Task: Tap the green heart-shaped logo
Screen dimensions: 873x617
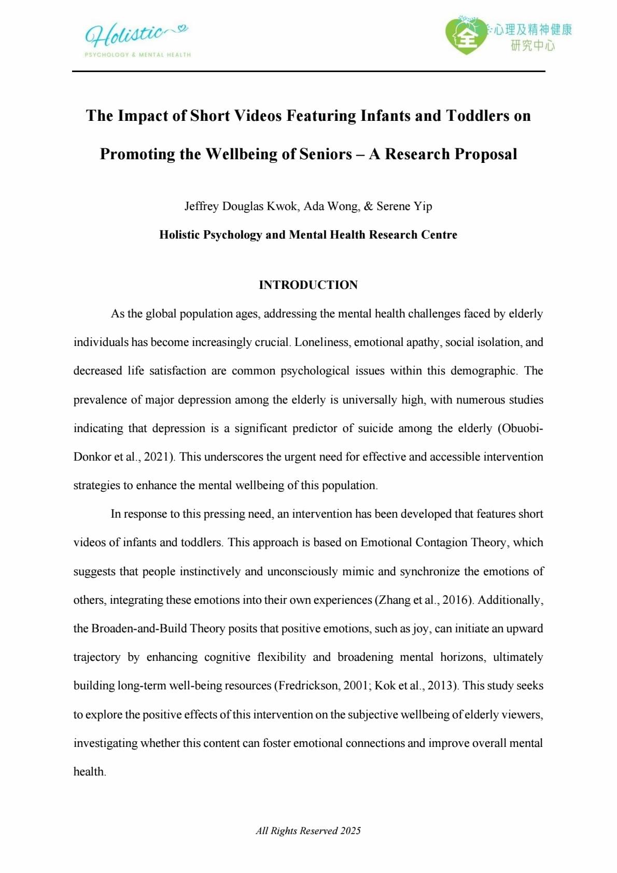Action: click(466, 35)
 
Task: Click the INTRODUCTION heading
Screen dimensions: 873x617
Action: click(308, 285)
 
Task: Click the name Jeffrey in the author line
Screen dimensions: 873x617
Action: click(202, 206)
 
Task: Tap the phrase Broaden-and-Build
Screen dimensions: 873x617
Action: click(138, 628)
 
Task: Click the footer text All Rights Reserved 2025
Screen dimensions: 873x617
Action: click(308, 830)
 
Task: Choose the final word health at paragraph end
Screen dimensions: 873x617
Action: click(89, 771)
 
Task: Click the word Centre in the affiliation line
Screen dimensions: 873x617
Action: click(439, 235)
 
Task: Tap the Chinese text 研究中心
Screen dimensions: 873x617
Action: click(532, 46)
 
